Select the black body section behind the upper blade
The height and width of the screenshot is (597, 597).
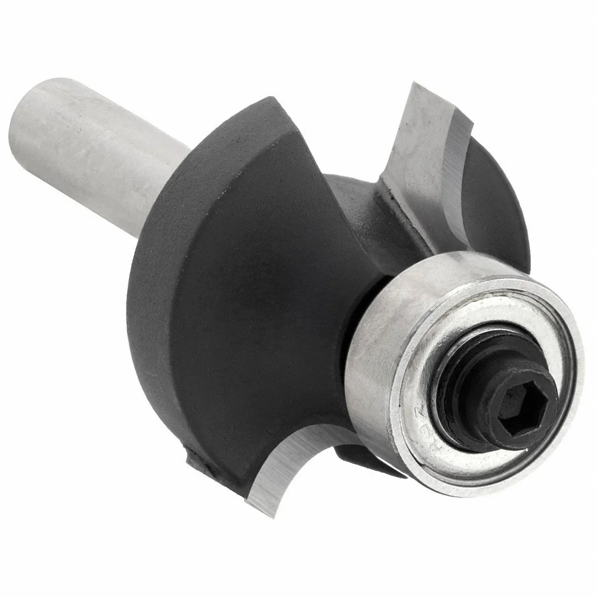coord(490,197)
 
